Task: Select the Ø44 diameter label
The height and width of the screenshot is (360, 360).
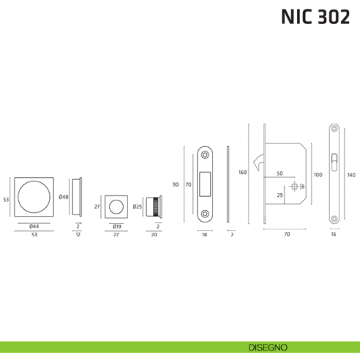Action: coord(34,226)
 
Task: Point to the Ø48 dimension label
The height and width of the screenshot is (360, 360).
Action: coord(64,198)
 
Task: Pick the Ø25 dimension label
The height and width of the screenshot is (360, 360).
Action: coord(137,207)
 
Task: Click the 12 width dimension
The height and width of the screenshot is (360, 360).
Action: coord(78,236)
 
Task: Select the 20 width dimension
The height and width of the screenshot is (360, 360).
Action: coord(153,236)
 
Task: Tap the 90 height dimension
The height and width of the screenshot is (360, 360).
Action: coord(176,184)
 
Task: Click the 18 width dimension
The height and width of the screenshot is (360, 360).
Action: coord(206,236)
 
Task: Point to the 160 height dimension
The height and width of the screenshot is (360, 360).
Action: coord(242,173)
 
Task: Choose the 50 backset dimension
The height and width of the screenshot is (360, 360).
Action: coord(280,173)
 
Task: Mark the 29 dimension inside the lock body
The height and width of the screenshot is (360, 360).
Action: coord(280,196)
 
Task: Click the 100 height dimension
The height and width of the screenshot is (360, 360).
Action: coord(318,175)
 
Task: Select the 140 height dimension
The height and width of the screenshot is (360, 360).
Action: coord(351,175)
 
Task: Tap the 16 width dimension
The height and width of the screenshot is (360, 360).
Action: coord(333,236)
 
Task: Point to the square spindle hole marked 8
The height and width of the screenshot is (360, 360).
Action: coord(295,187)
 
